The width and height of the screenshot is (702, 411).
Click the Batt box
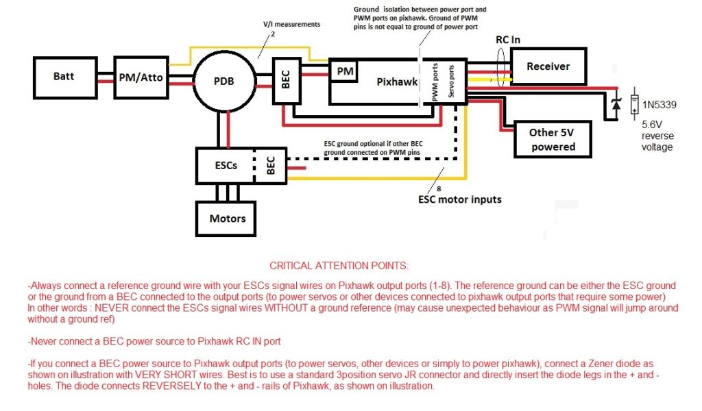click(64, 76)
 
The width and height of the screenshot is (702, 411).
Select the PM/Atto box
click(141, 77)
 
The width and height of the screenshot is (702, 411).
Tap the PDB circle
click(223, 81)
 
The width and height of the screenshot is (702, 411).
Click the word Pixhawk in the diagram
click(397, 82)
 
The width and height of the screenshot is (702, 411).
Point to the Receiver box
click(548, 66)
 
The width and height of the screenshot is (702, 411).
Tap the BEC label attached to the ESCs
click(270, 165)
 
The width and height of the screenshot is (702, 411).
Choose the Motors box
click(228, 219)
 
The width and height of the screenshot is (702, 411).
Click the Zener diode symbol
click(616, 104)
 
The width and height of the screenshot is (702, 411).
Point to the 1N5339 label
click(659, 104)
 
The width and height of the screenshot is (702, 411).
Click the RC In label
click(508, 40)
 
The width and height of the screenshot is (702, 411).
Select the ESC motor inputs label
click(460, 199)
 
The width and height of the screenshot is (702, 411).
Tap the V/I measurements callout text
click(292, 24)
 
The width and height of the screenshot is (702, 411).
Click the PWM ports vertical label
click(436, 83)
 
